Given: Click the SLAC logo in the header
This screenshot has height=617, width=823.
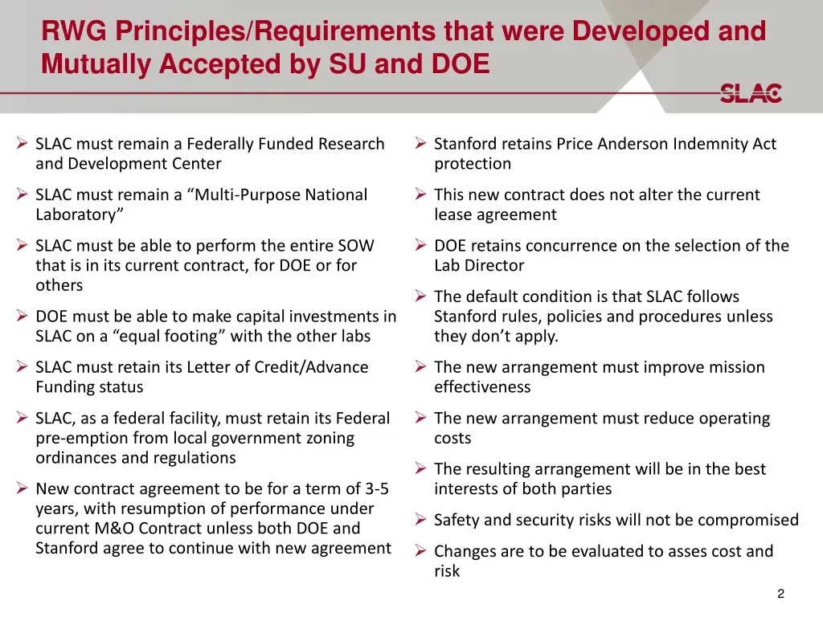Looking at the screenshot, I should coord(751,93).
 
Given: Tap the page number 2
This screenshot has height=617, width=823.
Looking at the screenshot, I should coord(780,594).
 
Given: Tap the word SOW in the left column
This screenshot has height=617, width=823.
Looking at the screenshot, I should coord(358,246).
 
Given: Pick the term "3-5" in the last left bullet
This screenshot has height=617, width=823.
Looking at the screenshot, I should coord(375,489).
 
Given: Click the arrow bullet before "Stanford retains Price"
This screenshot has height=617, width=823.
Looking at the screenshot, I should coord(420,144).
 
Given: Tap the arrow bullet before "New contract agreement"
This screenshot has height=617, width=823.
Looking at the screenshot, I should coord(22,489).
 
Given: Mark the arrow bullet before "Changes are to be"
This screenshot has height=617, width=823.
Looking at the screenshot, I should coord(420,551).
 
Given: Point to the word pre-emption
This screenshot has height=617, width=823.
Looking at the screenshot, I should coord(83,438).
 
